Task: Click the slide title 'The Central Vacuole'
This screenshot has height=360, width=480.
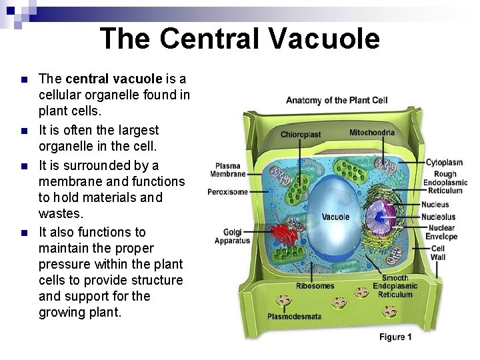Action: tap(240, 39)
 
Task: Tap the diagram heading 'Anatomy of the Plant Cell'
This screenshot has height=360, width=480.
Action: tap(337, 101)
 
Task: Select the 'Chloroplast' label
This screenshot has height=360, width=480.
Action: tap(301, 135)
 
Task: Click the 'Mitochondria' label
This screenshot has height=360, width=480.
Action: tap(371, 133)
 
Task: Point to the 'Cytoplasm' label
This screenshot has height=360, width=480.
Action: tap(445, 162)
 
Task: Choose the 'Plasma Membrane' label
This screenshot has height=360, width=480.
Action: tap(228, 170)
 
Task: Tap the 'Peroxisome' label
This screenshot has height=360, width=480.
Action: tap(227, 192)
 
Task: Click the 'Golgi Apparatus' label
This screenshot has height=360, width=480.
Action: tap(232, 237)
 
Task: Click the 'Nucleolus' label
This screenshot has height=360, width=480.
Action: tap(438, 217)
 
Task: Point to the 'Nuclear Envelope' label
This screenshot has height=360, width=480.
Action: tap(441, 232)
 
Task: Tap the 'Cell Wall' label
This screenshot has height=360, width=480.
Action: tap(438, 253)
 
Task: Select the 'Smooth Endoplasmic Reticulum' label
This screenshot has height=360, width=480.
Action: tap(395, 286)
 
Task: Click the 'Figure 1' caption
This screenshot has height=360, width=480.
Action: tap(395, 337)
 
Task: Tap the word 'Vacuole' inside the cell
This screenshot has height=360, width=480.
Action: tap(335, 217)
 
